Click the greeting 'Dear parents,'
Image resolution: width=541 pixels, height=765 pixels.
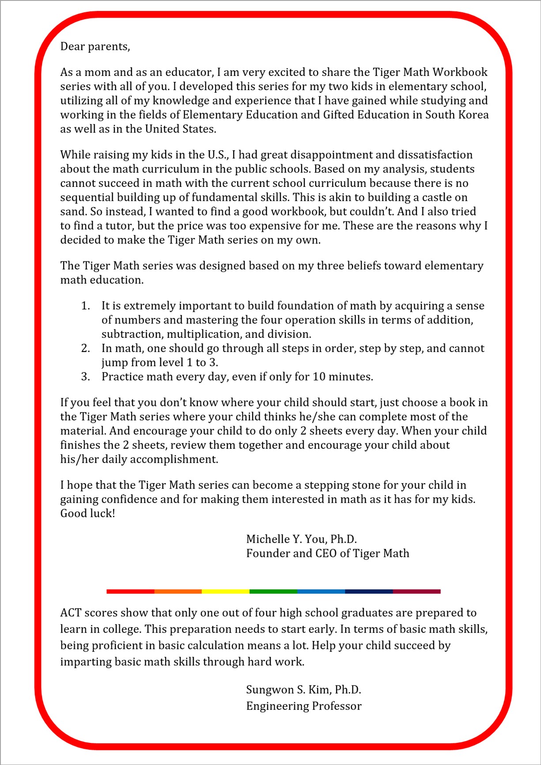pyautogui.click(x=95, y=46)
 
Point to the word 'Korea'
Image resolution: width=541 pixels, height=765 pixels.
pyautogui.click(x=473, y=115)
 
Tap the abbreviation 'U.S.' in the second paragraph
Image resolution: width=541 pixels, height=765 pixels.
pyautogui.click(x=218, y=155)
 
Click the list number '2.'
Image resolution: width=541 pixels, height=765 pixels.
pyautogui.click(x=86, y=348)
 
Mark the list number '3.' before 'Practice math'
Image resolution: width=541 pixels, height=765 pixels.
pyautogui.click(x=86, y=377)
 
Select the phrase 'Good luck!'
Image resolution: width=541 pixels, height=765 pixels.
pyautogui.click(x=87, y=513)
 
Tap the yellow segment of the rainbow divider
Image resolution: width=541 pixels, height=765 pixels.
pyautogui.click(x=225, y=591)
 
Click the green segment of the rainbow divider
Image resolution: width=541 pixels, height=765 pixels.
pyautogui.click(x=273, y=591)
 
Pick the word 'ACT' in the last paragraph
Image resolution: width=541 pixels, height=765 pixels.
pyautogui.click(x=71, y=613)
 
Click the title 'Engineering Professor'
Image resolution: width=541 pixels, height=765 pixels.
pyautogui.click(x=304, y=706)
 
